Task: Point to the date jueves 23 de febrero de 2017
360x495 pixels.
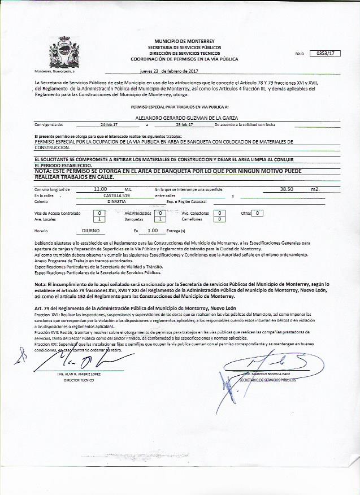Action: tap(168, 72)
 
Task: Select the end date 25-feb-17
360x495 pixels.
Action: tap(184, 124)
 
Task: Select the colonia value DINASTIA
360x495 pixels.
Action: tap(116, 201)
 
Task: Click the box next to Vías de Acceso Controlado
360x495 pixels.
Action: tap(100, 214)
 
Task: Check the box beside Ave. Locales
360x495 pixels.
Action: tap(100, 219)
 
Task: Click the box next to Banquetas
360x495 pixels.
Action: tap(161, 219)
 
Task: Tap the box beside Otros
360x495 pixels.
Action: tap(257, 213)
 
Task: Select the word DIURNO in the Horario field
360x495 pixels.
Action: tap(91, 231)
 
